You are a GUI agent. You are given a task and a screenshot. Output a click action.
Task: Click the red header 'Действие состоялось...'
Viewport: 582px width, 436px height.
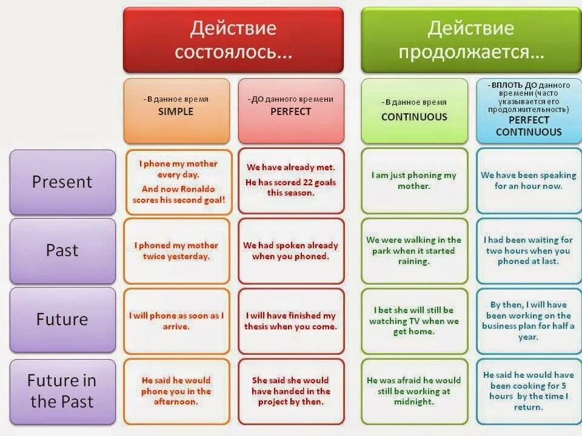pos(233,40)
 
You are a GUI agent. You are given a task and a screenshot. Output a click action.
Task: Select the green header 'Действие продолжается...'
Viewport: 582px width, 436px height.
pos(471,40)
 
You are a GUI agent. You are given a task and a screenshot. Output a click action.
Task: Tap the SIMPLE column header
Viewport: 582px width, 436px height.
pos(176,110)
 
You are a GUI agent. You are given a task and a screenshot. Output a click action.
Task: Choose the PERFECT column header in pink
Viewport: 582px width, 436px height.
pos(291,110)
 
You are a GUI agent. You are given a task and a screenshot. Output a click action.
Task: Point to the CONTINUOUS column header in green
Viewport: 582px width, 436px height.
pos(414,110)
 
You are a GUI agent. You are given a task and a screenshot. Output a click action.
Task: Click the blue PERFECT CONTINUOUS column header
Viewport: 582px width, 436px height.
pos(529,110)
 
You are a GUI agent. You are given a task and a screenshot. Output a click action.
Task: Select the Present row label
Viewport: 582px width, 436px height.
pos(62,182)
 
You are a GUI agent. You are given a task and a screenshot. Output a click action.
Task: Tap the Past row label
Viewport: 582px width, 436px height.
pos(62,250)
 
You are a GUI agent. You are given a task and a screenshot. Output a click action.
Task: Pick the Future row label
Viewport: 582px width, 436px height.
pos(62,319)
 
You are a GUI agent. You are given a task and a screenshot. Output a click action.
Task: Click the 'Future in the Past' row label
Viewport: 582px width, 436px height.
pos(62,391)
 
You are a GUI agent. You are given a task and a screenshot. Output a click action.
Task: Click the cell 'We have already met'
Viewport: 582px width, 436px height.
pos(291,181)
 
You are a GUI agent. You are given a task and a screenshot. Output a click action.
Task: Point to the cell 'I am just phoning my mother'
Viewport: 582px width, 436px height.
pos(414,181)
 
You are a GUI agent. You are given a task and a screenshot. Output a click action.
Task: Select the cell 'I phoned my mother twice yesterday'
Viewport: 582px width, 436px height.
pos(176,251)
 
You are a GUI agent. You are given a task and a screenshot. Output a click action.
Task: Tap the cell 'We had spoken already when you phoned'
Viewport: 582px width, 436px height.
pos(291,251)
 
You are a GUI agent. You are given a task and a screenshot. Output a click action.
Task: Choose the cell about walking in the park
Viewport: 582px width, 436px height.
pos(414,251)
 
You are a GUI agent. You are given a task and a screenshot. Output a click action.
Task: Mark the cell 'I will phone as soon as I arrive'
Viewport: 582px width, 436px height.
pos(176,320)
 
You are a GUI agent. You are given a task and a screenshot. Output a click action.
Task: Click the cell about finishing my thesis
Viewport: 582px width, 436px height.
pos(291,320)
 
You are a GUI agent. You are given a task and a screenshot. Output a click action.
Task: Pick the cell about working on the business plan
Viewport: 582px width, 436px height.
pos(529,320)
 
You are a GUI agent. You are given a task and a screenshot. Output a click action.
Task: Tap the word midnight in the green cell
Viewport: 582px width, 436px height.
pos(414,402)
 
